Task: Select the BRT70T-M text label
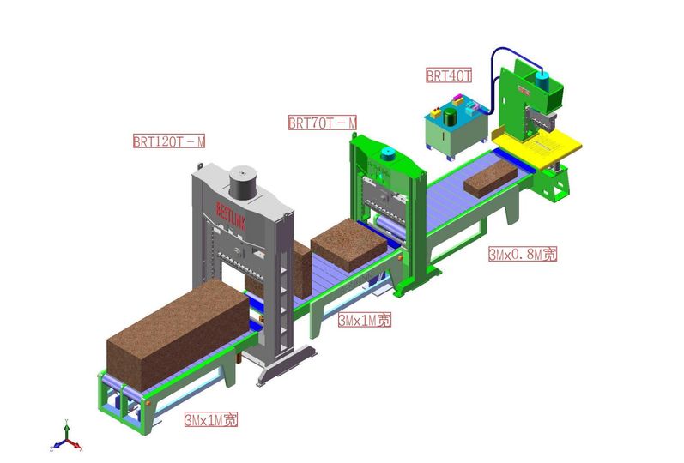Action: [x=322, y=123]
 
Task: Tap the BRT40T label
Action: [x=449, y=75]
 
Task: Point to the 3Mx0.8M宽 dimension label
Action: [x=523, y=254]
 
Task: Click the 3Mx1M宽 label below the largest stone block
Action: [x=211, y=420]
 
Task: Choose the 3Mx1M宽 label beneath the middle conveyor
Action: [x=365, y=320]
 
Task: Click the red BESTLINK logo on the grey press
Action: [x=233, y=208]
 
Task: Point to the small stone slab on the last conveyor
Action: [x=490, y=175]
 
